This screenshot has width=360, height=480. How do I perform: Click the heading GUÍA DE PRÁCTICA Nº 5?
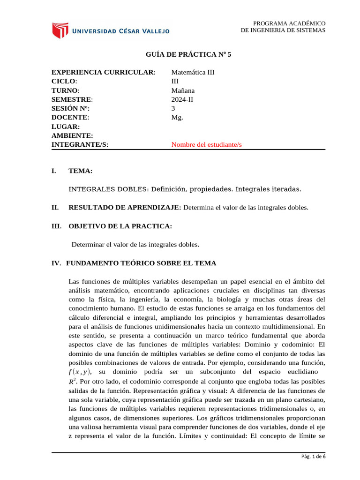coord(189,54)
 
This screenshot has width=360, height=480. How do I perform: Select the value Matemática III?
coord(193,72)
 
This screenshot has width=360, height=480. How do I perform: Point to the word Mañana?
coord(183,90)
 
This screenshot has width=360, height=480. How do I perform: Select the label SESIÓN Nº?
coord(70,108)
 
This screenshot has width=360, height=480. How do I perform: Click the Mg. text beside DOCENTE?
coord(177,118)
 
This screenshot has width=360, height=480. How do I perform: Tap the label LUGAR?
coord(65,127)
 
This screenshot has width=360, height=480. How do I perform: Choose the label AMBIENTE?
coord(72,135)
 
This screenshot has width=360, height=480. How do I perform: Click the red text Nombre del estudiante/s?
coord(207,145)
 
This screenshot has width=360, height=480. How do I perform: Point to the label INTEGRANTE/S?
coord(80,145)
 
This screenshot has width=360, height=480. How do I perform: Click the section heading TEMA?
coord(80,171)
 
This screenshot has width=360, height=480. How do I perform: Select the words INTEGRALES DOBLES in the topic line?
coord(108,189)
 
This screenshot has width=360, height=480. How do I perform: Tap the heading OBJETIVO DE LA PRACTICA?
coord(120,226)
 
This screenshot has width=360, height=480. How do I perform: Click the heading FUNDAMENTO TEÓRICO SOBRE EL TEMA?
coord(141,263)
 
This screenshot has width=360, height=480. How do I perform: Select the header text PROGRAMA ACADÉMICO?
coord(289,23)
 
